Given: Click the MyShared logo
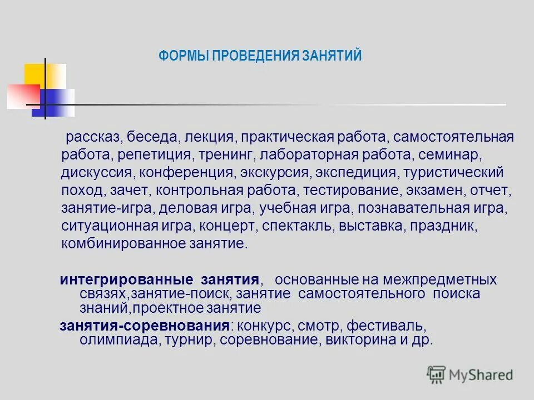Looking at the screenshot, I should click(471, 374).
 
